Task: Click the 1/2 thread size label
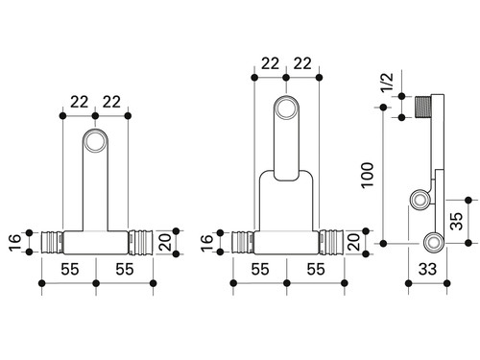pyautogui.click(x=387, y=83)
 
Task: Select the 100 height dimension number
pyautogui.click(x=368, y=175)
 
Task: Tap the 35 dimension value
pyautogui.click(x=457, y=221)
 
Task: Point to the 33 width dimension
pyautogui.click(x=427, y=269)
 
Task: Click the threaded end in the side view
pyautogui.click(x=423, y=107)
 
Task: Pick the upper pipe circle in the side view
pyautogui.click(x=420, y=200)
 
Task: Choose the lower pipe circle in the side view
pyautogui.click(x=434, y=242)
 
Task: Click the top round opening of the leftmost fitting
pyautogui.click(x=95, y=140)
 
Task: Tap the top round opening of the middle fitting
pyautogui.click(x=286, y=108)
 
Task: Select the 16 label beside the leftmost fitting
pyautogui.click(x=15, y=242)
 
